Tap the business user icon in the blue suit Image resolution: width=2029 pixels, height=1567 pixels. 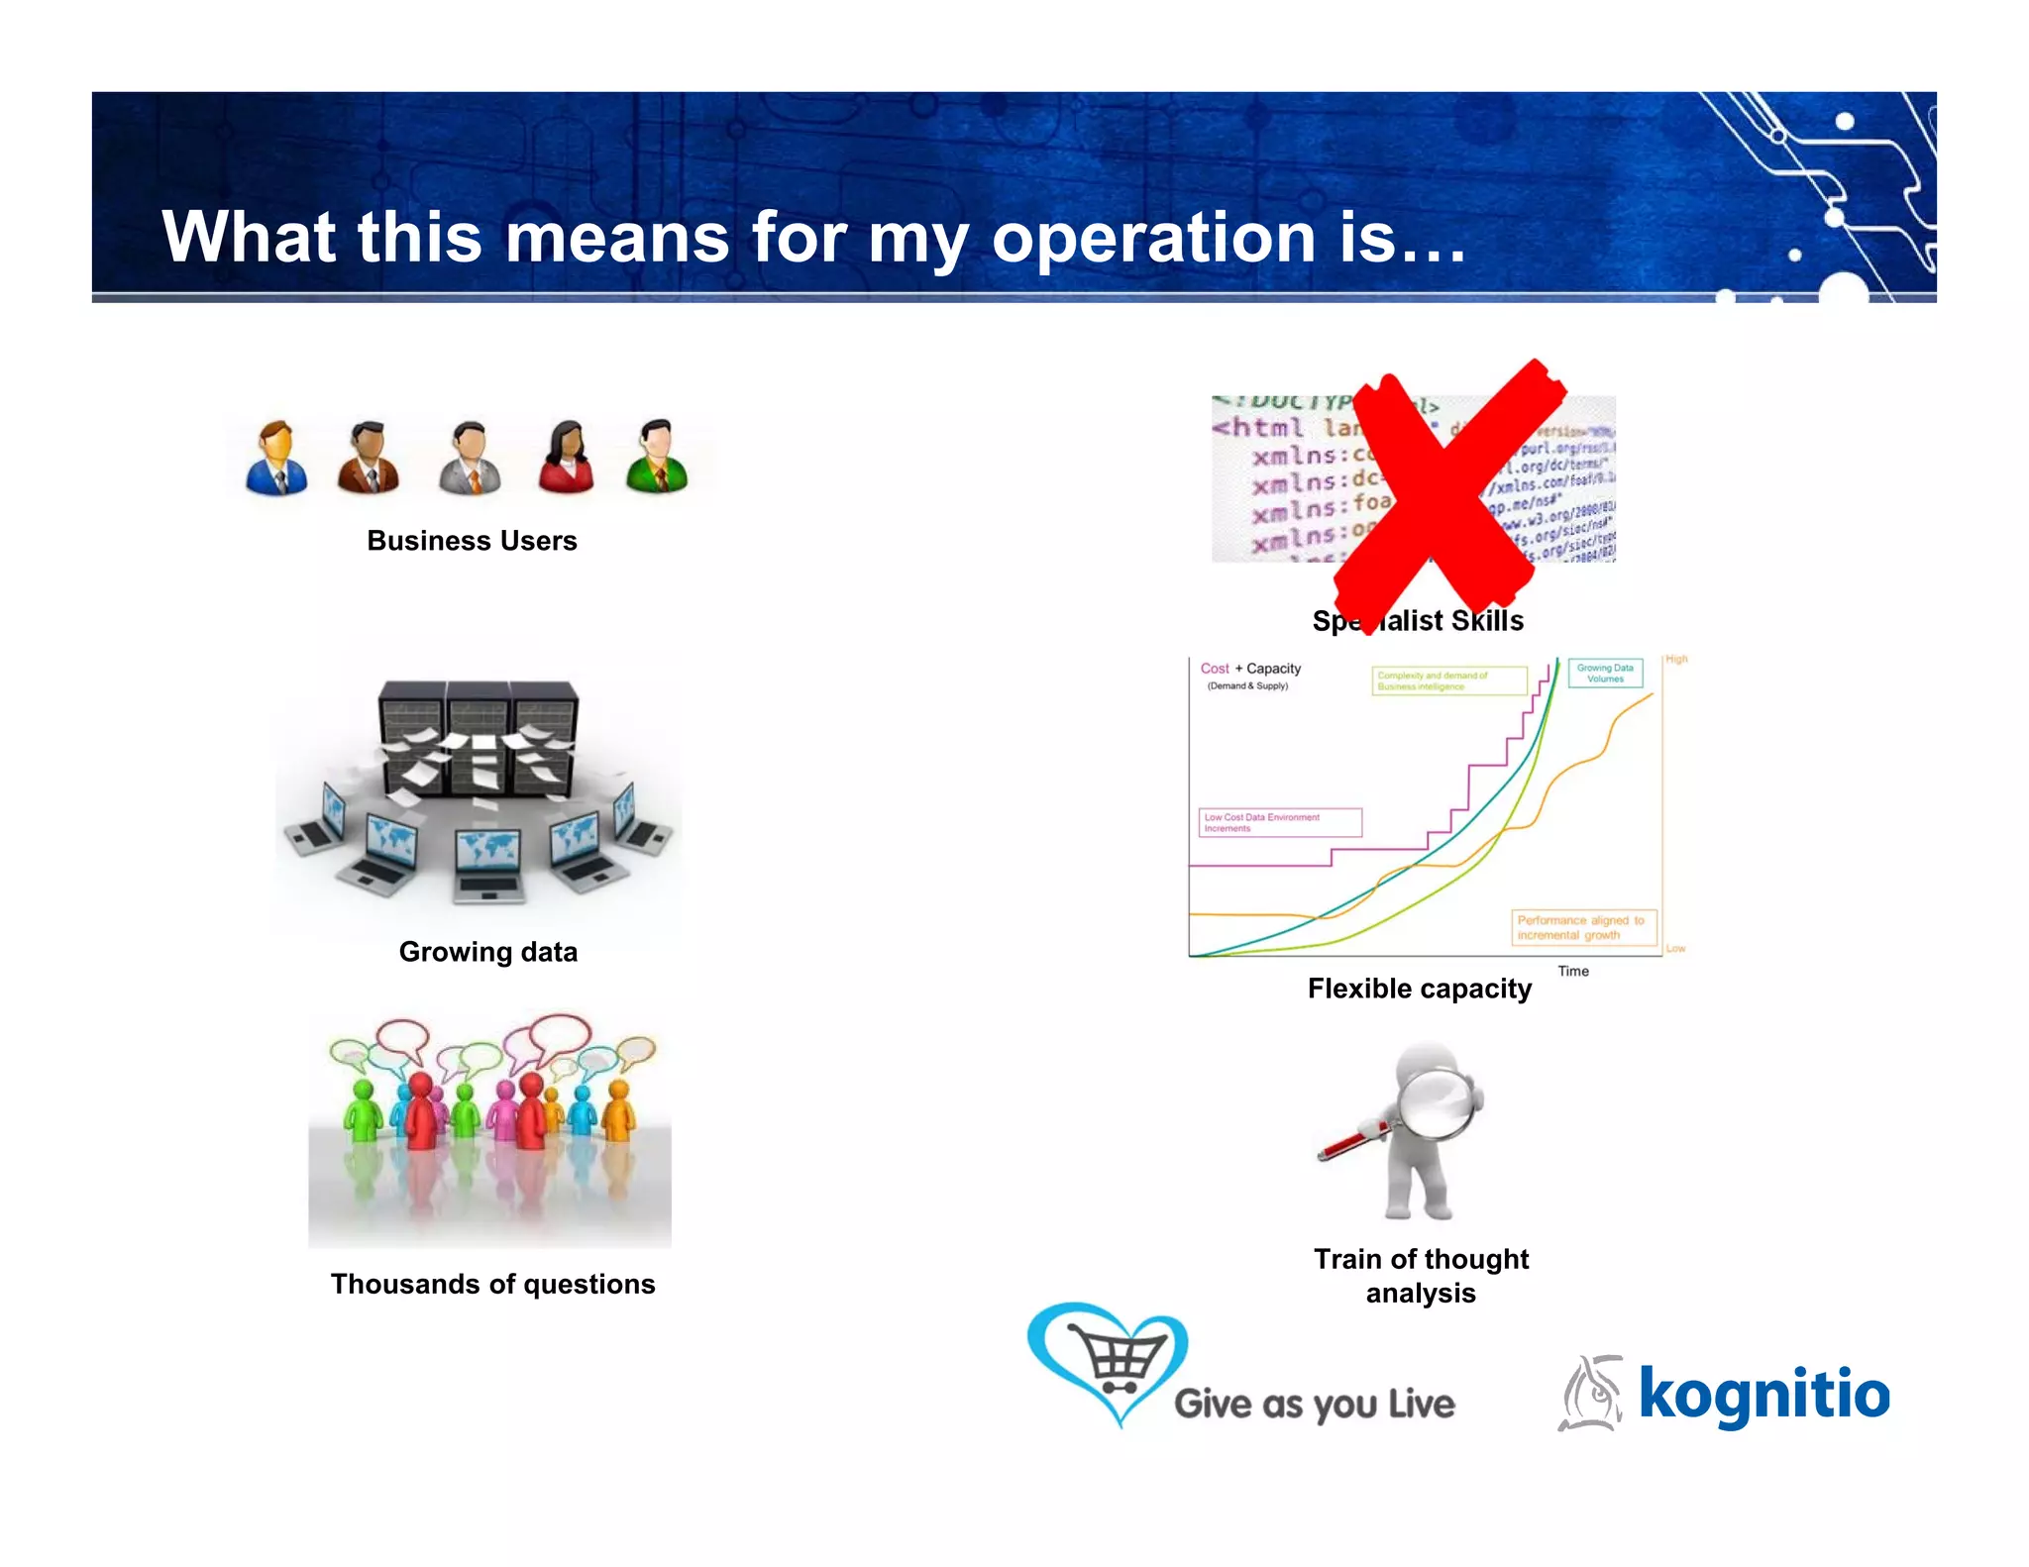point(276,458)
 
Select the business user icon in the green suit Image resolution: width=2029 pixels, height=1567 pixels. point(656,457)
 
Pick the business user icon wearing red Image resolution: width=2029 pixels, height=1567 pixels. point(566,457)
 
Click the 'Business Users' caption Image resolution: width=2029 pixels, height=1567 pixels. point(472,541)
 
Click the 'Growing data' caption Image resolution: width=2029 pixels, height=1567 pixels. point(487,952)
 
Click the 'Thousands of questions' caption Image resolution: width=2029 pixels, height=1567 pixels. point(492,1284)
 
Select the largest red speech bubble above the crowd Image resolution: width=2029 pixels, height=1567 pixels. point(560,1032)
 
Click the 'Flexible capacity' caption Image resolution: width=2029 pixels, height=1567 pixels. point(1419,989)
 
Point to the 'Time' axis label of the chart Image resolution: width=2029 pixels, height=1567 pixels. point(1572,971)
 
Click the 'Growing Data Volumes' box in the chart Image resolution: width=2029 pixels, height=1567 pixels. point(1605,674)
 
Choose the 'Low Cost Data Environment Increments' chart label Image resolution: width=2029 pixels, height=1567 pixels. point(1279,822)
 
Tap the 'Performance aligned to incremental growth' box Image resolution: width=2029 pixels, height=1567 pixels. point(1582,927)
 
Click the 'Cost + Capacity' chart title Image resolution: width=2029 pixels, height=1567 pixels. point(1250,669)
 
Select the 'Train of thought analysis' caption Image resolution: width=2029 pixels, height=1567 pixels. point(1421,1276)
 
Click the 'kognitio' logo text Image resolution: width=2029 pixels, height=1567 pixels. point(1763,1394)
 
